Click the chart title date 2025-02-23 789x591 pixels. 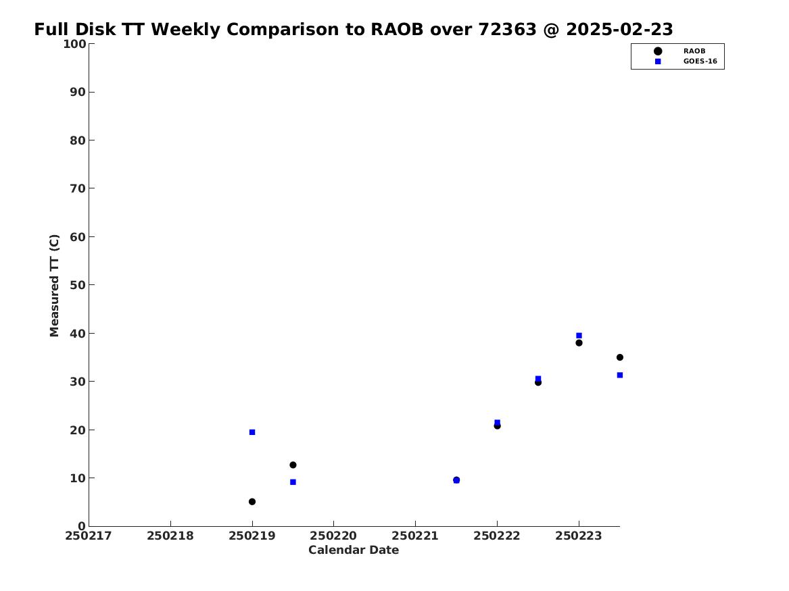(619, 30)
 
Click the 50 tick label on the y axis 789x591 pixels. (78, 285)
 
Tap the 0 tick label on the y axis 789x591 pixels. (82, 526)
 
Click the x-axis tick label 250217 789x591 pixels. (89, 536)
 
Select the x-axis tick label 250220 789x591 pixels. (333, 536)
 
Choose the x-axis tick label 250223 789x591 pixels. (579, 536)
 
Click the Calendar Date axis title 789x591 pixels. (354, 550)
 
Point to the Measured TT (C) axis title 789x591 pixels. (54, 286)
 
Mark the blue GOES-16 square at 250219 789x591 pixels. (252, 432)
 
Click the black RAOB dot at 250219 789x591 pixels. (252, 502)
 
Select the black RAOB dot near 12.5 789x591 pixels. (293, 465)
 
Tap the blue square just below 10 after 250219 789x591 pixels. (293, 482)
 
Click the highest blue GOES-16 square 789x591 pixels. (579, 336)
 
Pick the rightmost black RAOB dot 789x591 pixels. (620, 357)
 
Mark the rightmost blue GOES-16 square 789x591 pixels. (620, 375)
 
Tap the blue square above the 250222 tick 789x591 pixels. (497, 423)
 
